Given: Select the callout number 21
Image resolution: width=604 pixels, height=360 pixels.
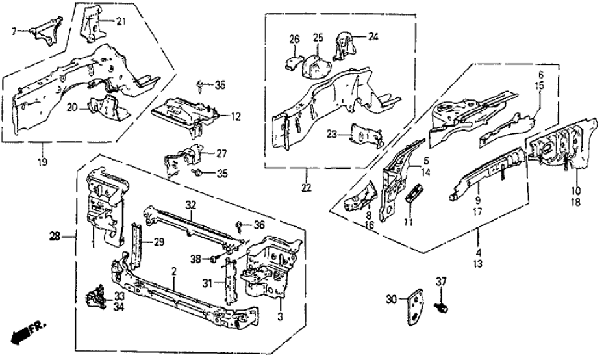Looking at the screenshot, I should [120, 22].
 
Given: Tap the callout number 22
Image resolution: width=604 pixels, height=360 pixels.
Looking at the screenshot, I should [307, 188].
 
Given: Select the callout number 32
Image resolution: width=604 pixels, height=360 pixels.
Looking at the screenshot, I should [190, 203].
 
